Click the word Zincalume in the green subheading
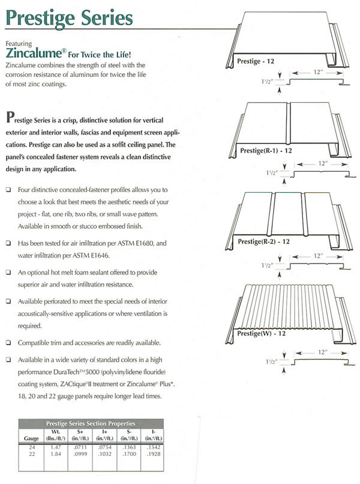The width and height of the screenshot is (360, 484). click(x=34, y=53)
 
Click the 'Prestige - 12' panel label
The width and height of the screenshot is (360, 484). click(x=256, y=61)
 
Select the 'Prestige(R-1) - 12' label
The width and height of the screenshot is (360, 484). click(x=266, y=151)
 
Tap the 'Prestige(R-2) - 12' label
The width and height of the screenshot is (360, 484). click(x=264, y=241)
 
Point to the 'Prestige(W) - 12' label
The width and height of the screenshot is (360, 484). click(x=261, y=333)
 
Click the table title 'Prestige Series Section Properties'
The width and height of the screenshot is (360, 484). click(x=91, y=423)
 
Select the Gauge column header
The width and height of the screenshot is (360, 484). click(x=31, y=438)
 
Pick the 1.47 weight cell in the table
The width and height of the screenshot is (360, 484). click(x=56, y=447)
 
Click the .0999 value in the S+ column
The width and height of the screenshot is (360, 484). click(x=80, y=454)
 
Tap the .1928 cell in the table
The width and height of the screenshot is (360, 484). click(x=154, y=454)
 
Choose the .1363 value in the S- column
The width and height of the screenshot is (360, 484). click(x=129, y=447)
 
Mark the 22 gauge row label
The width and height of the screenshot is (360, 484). click(x=32, y=454)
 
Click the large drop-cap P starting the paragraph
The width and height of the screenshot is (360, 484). click(x=10, y=117)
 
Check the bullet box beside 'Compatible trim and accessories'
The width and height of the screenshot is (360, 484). click(x=8, y=343)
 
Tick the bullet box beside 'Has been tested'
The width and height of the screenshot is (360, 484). click(x=8, y=243)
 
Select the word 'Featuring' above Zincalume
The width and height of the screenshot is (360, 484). click(x=19, y=43)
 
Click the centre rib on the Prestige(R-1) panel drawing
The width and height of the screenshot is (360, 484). click(x=289, y=124)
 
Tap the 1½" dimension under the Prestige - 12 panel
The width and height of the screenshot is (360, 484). click(x=267, y=82)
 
